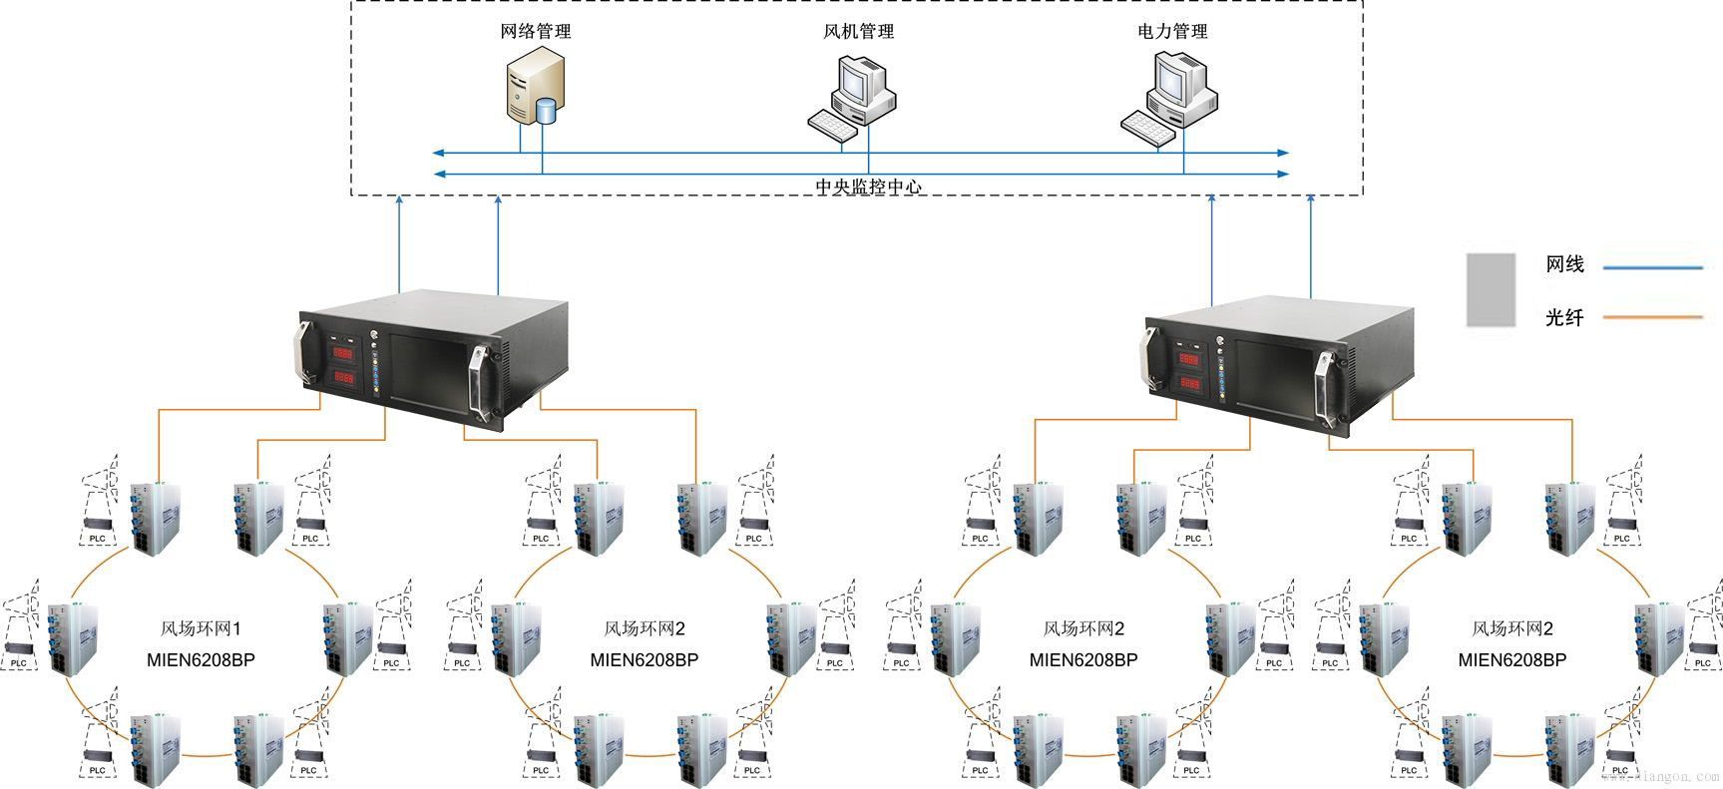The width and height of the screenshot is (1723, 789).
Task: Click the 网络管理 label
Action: pos(536,32)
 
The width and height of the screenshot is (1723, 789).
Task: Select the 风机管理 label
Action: pos(858,32)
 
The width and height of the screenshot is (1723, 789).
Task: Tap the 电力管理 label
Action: pos(1172,32)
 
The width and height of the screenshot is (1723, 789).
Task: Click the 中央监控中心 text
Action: pos(868,187)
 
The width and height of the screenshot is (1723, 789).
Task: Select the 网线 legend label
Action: pos(1564,265)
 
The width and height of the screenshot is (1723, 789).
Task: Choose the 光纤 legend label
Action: pos(1564,318)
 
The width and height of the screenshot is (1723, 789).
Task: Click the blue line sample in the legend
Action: pos(1651,267)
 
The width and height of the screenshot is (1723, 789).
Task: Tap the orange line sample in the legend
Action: pos(1651,318)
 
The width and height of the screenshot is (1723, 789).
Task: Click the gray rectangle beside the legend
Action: pos(1490,289)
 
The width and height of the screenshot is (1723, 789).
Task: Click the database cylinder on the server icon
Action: pos(546,110)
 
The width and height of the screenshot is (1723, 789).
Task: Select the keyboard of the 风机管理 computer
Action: pos(833,126)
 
